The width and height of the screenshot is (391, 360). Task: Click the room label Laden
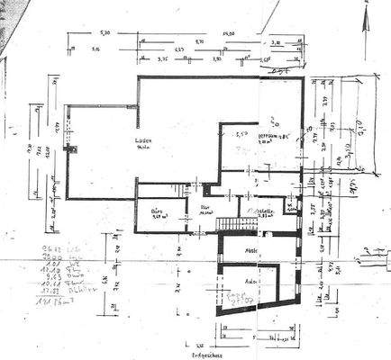(x=140, y=142)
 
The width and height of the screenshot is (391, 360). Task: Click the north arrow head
(x=368, y=16)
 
